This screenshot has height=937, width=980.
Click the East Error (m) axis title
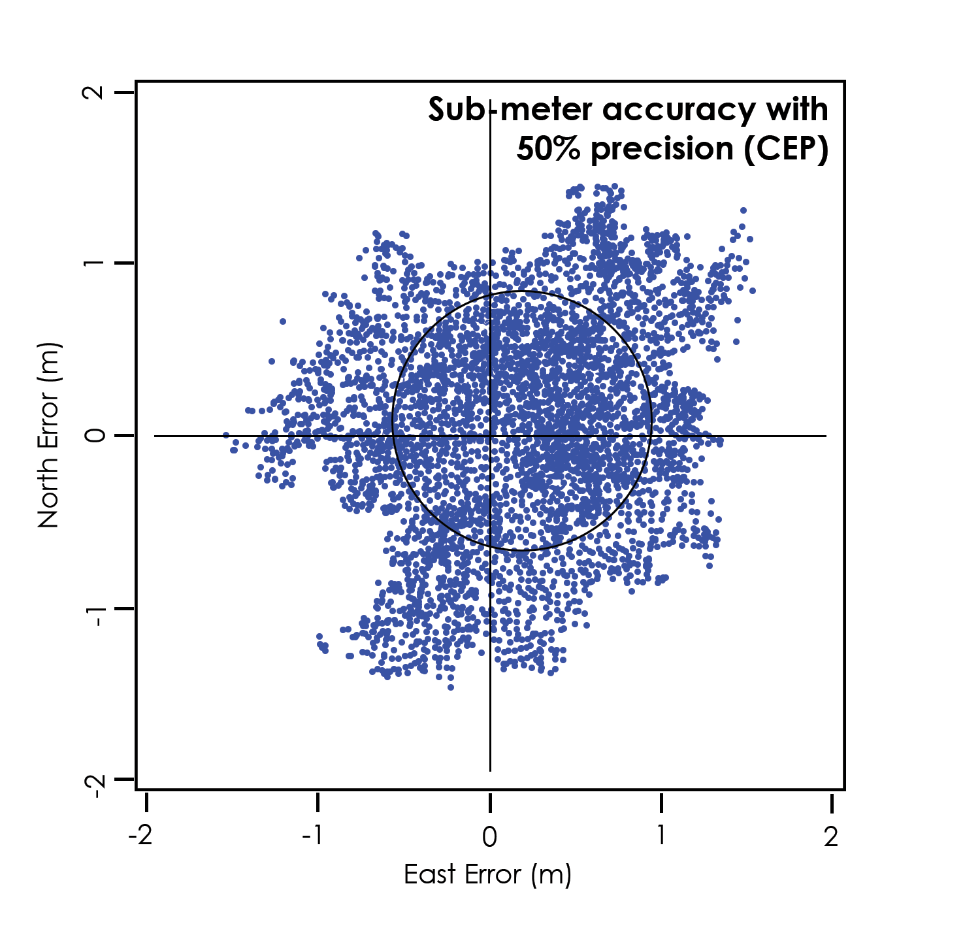point(487,874)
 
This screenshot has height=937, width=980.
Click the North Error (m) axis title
point(49,435)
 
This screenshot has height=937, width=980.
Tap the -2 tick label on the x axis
point(141,836)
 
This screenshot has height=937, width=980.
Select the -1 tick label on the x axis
point(314,836)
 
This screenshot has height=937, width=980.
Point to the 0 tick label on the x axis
point(489,836)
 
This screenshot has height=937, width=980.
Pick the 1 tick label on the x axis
point(661,836)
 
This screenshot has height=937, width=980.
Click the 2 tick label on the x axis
point(830,836)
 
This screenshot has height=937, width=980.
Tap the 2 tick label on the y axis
point(95,92)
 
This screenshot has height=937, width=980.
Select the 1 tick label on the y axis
point(95,263)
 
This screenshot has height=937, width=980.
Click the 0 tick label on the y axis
point(95,435)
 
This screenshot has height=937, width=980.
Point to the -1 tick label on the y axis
point(95,615)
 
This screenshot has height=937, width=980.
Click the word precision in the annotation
point(662,150)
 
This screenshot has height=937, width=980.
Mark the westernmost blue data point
point(226,435)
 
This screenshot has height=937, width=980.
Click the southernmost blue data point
point(451,687)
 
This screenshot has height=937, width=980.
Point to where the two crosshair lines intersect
point(490,436)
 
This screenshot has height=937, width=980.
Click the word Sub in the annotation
point(457,110)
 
